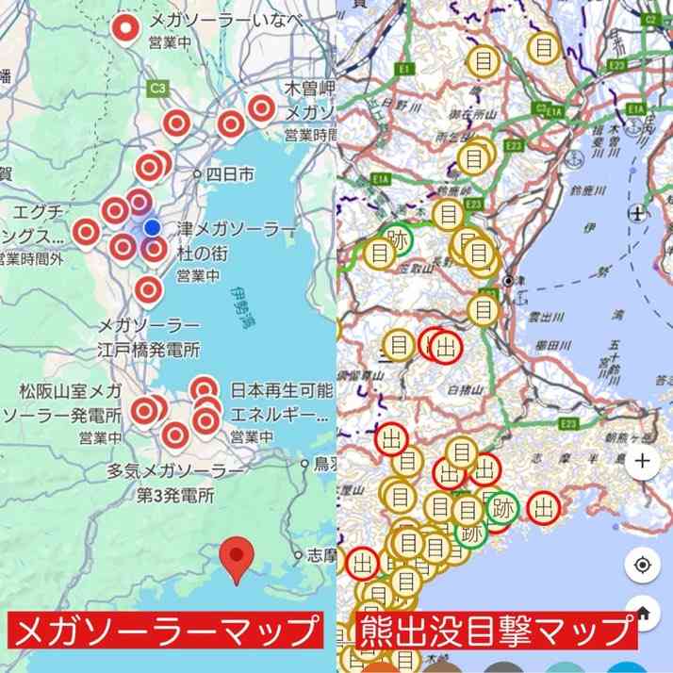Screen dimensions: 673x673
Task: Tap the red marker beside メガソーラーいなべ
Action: (x=124, y=28)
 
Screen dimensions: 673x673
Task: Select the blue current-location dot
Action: (x=152, y=227)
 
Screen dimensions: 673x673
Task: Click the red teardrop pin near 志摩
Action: (x=237, y=557)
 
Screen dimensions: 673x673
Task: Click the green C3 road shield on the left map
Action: (x=157, y=88)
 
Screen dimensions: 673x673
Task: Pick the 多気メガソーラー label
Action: (x=175, y=469)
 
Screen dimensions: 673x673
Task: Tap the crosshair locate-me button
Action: (x=642, y=565)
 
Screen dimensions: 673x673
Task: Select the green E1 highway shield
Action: (x=405, y=69)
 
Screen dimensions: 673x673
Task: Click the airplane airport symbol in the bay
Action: (x=638, y=213)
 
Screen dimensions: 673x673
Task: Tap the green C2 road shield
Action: (x=650, y=19)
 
